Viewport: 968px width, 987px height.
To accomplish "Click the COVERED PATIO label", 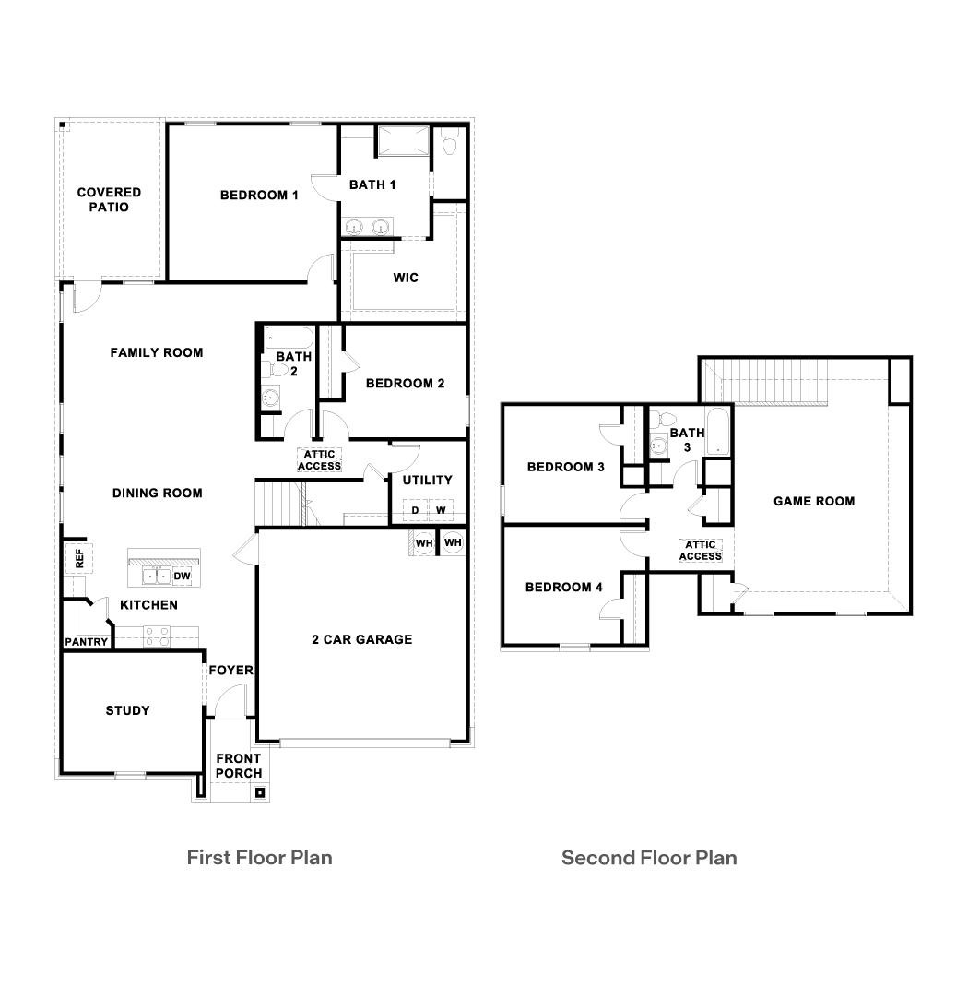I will click(109, 200).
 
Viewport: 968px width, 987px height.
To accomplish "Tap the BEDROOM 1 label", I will click(259, 195).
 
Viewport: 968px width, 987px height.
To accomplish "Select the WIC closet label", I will click(406, 278).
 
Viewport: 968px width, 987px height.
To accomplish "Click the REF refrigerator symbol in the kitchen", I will click(79, 557).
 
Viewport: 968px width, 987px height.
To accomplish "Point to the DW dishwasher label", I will click(182, 577).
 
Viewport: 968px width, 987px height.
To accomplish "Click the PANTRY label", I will click(87, 642).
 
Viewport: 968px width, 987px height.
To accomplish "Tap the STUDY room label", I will click(127, 710).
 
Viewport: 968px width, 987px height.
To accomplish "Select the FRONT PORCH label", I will click(239, 766).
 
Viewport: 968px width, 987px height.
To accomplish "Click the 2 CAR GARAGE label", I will click(361, 639).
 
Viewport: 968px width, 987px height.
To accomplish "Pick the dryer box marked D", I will click(415, 510).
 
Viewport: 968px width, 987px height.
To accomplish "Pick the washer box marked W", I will click(441, 510).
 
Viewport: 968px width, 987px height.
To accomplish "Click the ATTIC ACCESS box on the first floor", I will click(319, 459).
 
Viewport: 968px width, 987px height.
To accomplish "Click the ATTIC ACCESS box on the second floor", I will click(700, 551).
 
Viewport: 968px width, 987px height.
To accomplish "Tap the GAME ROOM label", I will click(813, 501).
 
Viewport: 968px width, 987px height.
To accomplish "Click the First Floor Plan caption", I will click(259, 857).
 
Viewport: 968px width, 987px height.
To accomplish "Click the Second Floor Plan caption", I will click(649, 858).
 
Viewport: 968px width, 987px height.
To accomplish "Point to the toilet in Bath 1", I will click(450, 143).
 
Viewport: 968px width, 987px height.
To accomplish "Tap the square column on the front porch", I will click(260, 791).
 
